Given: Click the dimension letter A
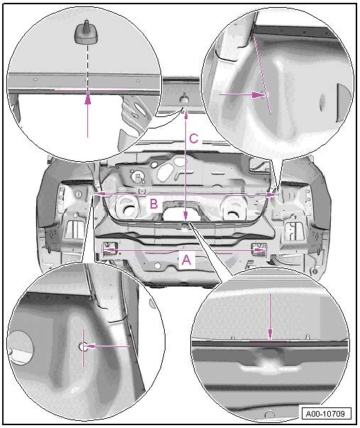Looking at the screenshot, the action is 186,259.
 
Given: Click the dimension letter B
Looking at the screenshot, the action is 154,204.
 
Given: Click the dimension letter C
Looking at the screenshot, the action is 194,138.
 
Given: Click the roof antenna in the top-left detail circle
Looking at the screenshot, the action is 84,32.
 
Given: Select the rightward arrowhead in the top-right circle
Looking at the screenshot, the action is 258,94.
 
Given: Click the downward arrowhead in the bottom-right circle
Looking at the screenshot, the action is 270,334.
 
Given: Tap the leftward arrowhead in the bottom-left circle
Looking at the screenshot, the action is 91,346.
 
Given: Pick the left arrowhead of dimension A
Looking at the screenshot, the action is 110,249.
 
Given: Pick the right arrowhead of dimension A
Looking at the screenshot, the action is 257,249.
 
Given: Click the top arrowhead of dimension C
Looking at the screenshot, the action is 186,115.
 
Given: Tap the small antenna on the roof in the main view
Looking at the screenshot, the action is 184,98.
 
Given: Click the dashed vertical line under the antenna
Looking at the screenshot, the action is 87,67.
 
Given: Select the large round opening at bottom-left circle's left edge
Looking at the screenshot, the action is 20,347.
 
